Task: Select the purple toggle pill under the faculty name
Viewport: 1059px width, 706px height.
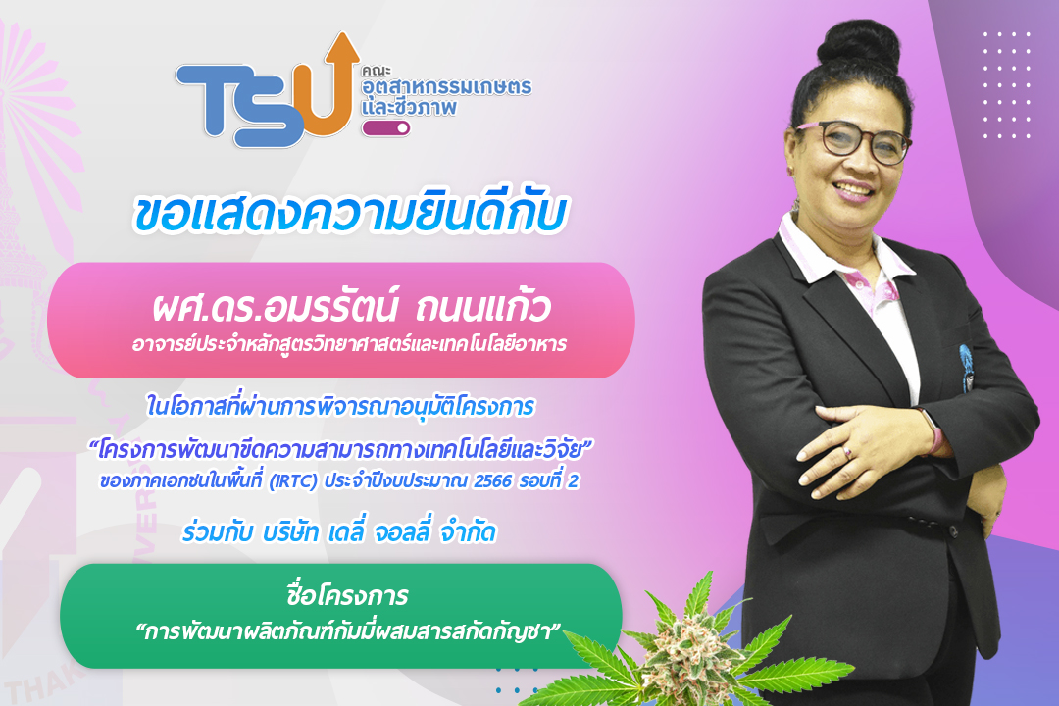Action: coord(385,127)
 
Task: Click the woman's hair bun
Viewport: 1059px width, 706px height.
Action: coord(858,47)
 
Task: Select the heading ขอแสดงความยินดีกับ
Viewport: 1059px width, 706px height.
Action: coord(349,214)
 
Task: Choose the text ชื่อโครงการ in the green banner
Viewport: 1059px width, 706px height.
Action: coord(347,595)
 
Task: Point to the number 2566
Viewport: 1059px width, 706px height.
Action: coord(492,481)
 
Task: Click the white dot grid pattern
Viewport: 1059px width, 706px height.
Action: coord(1007,84)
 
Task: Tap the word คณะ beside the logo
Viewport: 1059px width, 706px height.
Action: coord(376,70)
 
